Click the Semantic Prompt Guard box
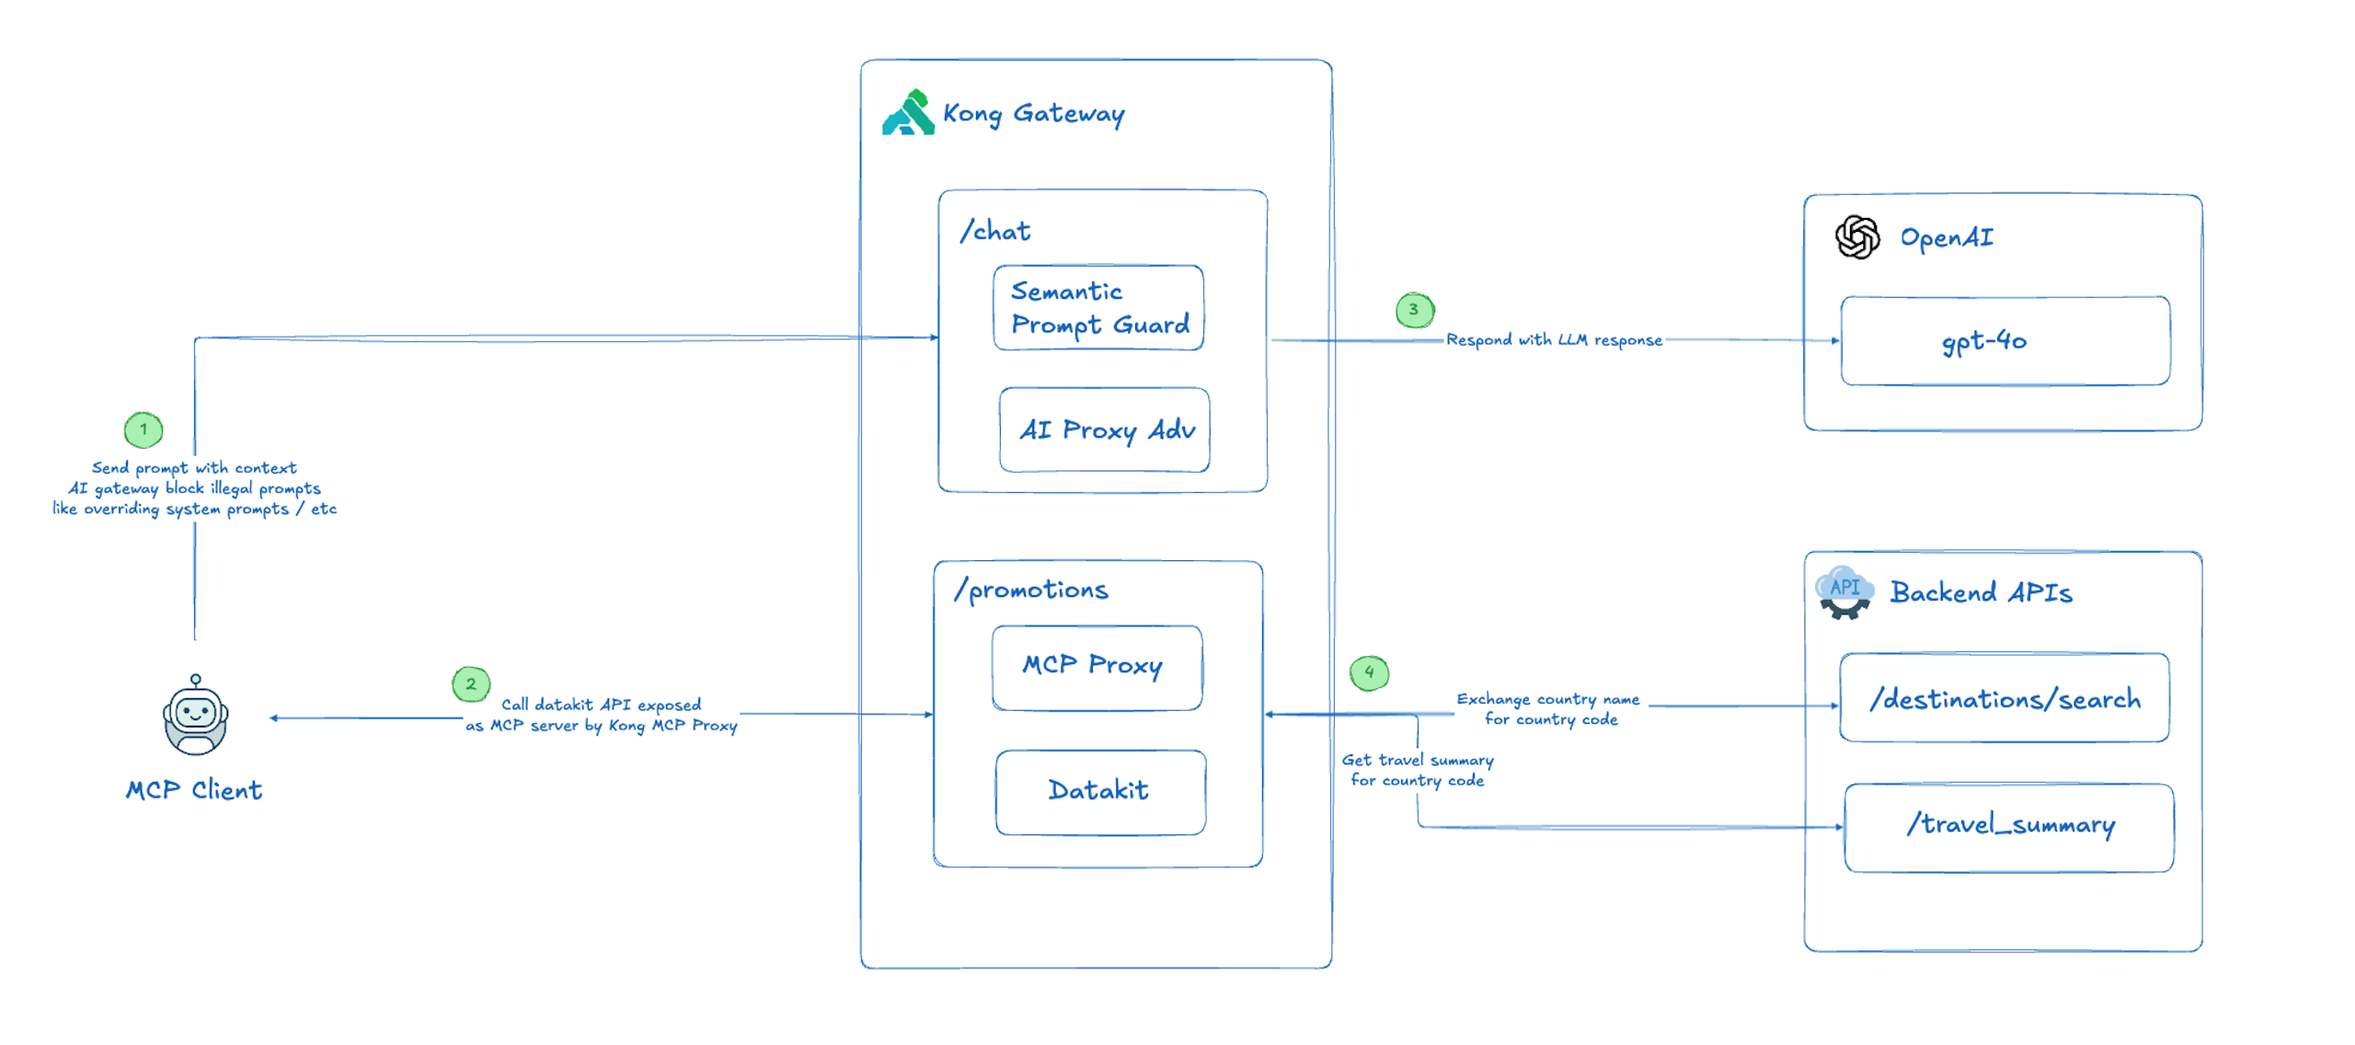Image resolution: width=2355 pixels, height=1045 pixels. pos(1097,307)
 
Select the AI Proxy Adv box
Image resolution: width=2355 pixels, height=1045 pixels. pos(1104,430)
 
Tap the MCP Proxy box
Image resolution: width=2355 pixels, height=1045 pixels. pos(1097,667)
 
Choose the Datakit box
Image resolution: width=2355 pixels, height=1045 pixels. pos(1100,791)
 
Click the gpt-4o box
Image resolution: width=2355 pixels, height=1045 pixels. pos(2005,340)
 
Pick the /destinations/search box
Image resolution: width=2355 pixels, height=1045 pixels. pos(2004,697)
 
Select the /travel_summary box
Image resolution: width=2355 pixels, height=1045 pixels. pos(2008,826)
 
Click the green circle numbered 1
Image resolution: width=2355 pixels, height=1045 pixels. pos(144,429)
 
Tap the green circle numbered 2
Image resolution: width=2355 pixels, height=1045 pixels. pos(471,683)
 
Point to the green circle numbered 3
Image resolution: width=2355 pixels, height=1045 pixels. pos(1414,310)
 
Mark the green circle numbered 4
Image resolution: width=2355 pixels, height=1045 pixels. pos(1369,672)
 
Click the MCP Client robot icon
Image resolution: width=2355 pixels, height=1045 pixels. pos(195,716)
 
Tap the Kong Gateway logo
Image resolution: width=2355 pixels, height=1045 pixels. pos(908,113)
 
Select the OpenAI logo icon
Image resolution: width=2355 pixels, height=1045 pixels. pos(1856,237)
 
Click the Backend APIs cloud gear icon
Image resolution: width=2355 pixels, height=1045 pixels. pos(1844,592)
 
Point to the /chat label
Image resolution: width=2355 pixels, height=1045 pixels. pos(994,230)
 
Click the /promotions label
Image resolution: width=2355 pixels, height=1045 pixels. pos(1031,589)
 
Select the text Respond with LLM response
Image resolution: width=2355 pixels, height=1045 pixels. pos(1554,339)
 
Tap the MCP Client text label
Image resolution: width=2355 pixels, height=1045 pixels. pos(194,790)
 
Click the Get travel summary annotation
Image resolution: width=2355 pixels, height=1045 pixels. pos(1417,770)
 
